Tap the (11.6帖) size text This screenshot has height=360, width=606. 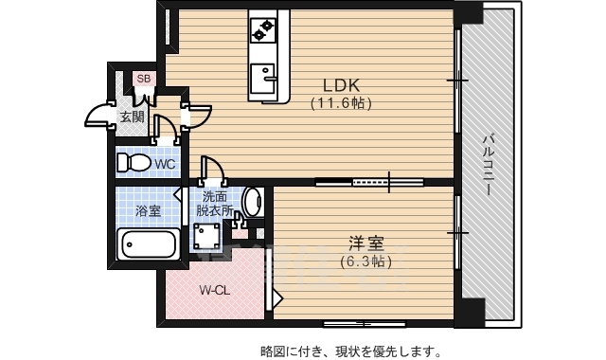point(342,103)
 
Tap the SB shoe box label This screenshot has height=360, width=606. point(144,79)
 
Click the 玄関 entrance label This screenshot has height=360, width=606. point(132,117)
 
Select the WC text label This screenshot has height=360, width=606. point(165,164)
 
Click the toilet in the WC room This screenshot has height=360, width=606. point(134,163)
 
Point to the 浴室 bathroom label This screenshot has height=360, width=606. point(147,210)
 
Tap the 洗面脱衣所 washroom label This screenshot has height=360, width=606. point(215,205)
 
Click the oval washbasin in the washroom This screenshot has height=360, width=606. point(252,202)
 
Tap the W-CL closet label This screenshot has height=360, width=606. point(212,291)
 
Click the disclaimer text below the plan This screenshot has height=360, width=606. point(350,351)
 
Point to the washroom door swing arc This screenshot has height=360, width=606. point(211,168)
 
